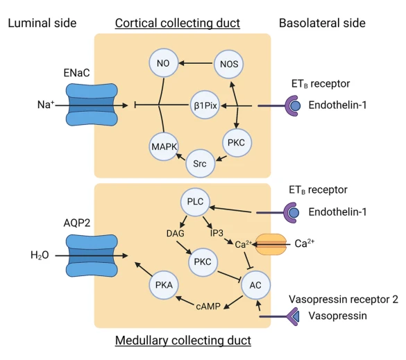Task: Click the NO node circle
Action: [164, 63]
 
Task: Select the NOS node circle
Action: [229, 64]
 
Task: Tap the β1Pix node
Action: [205, 105]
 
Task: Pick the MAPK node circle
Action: [164, 146]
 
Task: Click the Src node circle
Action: [200, 163]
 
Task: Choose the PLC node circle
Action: [195, 202]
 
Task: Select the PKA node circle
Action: [164, 285]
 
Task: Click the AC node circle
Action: [255, 285]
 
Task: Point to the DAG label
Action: [176, 234]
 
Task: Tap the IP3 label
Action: [217, 233]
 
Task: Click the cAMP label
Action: [208, 307]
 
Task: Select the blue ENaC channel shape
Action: [92, 105]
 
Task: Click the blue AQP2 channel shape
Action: [92, 256]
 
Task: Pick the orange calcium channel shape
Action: [271, 244]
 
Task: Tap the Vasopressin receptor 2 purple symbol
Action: [293, 316]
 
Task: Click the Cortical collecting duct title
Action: [178, 23]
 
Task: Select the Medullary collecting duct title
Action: [183, 341]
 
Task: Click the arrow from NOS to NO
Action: [196, 63]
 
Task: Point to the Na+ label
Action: [46, 105]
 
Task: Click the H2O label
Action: [40, 255]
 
